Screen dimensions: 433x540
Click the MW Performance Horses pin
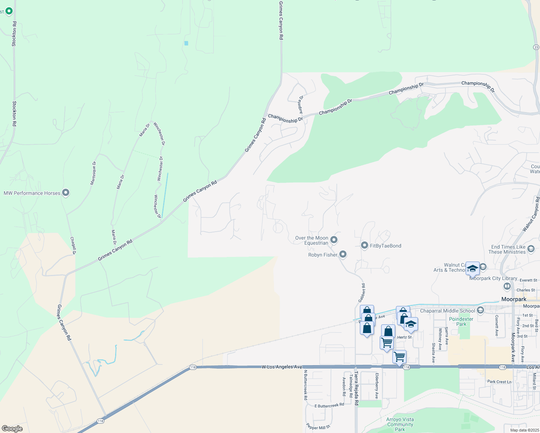click(66, 193)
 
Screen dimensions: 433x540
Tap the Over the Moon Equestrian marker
click(334, 240)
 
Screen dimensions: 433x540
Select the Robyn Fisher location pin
click(343, 254)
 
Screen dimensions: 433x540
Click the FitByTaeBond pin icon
click(364, 245)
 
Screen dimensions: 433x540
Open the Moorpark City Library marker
click(507, 286)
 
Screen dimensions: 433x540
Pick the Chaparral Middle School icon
click(480, 310)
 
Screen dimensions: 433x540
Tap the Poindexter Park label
click(461, 322)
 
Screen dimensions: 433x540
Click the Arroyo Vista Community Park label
click(400, 424)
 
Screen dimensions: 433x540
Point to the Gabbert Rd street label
click(362, 293)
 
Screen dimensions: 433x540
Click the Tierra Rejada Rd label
click(356, 388)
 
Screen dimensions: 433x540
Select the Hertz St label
click(404, 337)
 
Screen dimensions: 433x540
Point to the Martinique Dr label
click(93, 173)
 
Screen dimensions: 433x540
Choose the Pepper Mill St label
click(318, 427)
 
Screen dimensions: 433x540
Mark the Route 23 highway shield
click(536, 47)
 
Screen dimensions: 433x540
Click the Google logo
click(12, 429)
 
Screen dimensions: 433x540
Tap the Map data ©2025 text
click(524, 430)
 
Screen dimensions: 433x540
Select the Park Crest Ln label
click(499, 381)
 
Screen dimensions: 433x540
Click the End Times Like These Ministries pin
click(531, 249)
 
